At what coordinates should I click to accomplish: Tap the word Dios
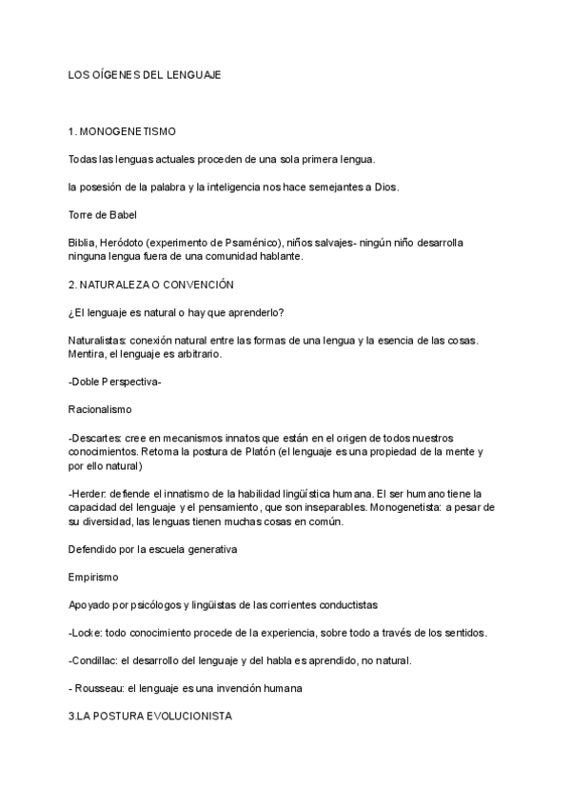(384, 187)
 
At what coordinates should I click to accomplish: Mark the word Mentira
(88, 353)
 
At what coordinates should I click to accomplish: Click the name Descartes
(99, 437)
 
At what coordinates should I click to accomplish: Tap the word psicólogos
(158, 605)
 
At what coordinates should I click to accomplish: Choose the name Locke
(88, 633)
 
